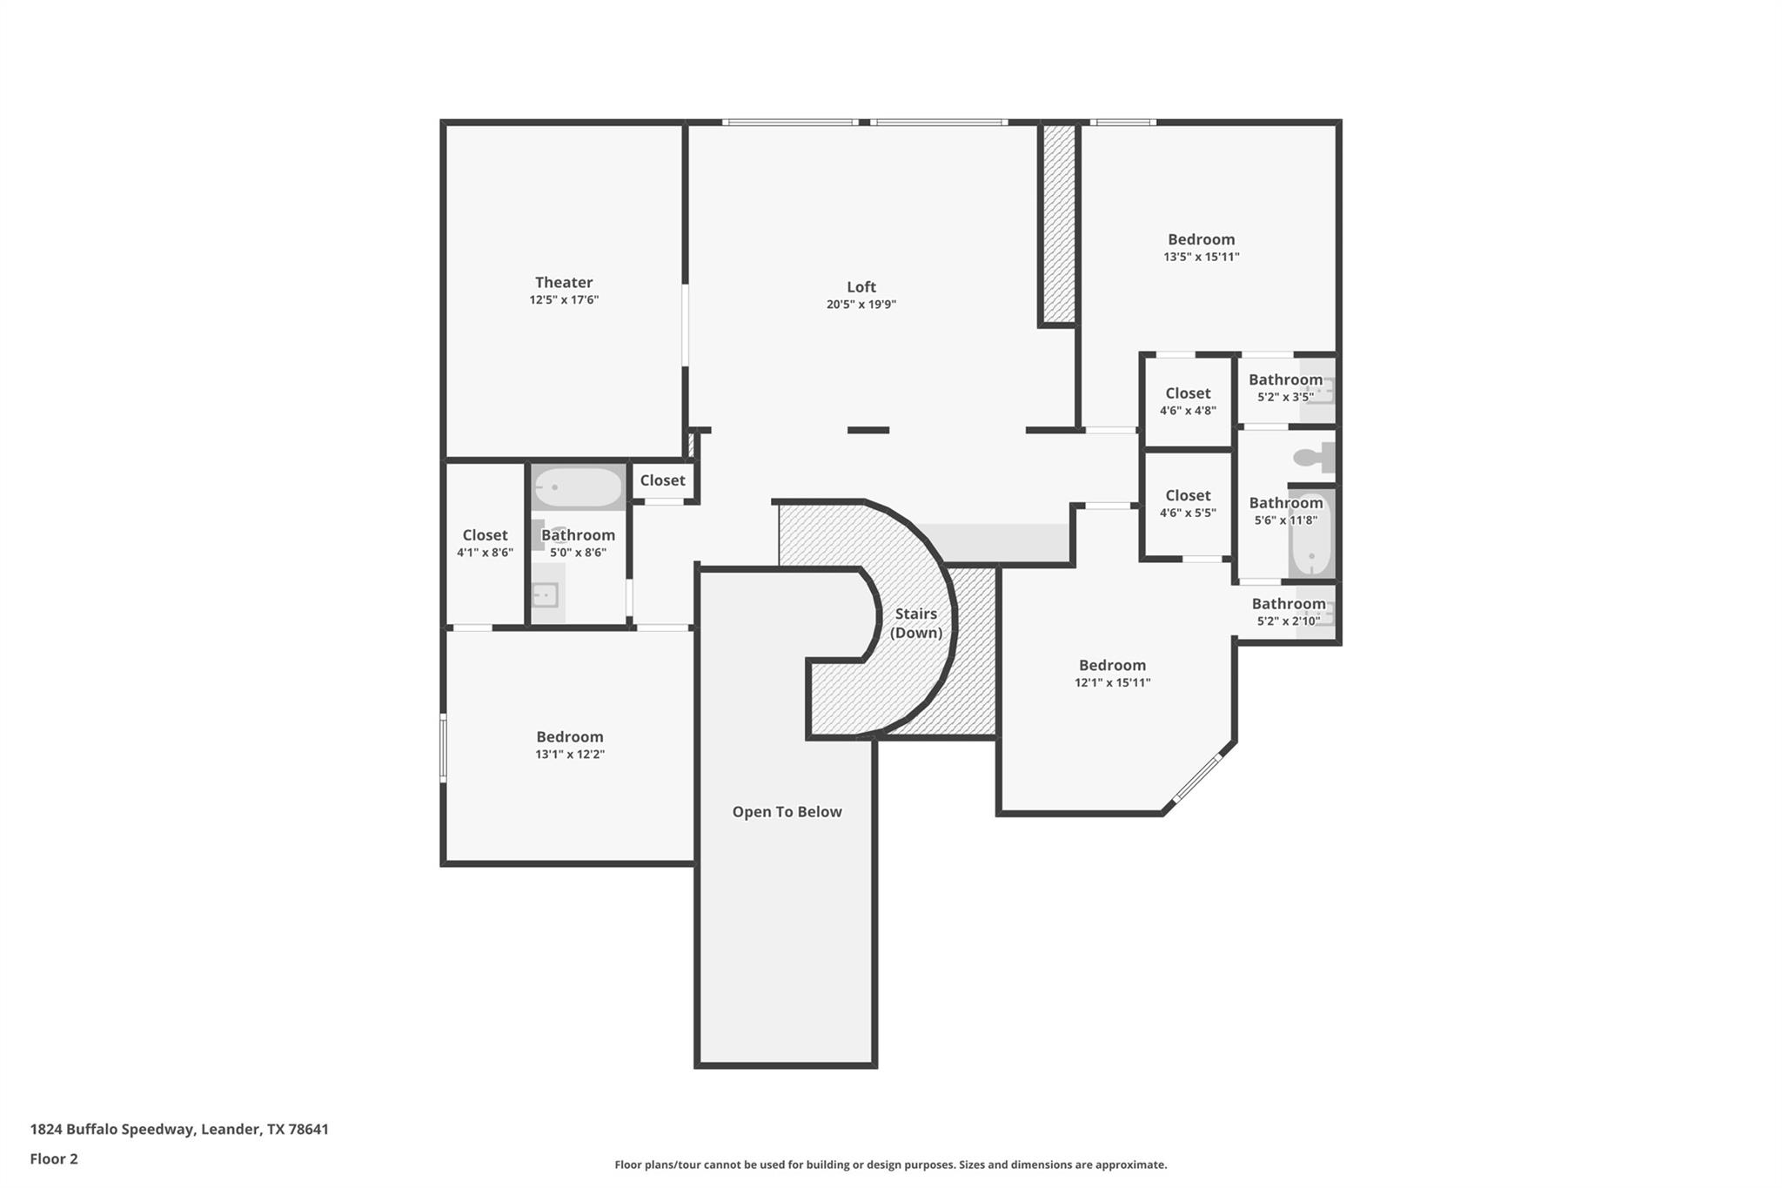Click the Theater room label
564,283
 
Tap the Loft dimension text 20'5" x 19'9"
861,305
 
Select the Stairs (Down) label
915,623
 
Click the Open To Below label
787,812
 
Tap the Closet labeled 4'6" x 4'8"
1188,401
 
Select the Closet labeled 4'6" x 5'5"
1188,504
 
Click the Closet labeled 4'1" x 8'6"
485,543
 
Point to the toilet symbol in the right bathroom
1314,457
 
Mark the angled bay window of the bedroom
1198,777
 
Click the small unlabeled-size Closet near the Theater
662,480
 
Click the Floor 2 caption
54,1158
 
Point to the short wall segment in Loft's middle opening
868,430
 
